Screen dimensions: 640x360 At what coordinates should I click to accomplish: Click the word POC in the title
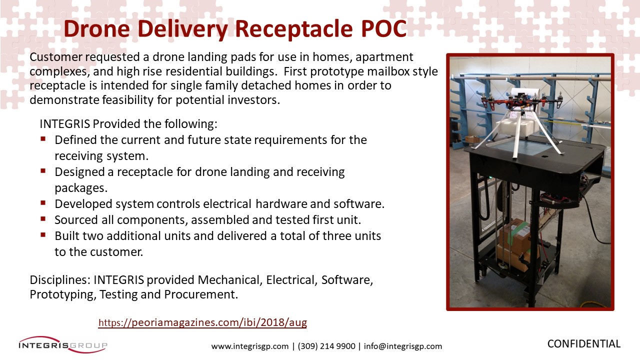384,28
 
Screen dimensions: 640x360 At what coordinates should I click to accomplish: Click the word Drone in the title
97,28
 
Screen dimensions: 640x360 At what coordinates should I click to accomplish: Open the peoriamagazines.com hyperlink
202,322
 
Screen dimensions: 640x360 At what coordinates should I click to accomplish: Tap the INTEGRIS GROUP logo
63,344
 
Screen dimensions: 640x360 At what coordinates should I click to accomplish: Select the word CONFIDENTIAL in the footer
584,343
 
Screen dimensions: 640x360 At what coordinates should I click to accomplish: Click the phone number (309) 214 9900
326,346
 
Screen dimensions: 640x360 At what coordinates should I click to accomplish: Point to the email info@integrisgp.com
403,346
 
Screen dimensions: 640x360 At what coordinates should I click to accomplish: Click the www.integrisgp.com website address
249,346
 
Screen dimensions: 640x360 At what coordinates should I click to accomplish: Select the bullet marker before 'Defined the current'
43,139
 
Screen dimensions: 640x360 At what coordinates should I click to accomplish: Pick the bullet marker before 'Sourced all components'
43,219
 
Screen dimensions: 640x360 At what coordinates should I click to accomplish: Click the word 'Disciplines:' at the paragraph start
60,279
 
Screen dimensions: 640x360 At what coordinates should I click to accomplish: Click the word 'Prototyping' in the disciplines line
63,294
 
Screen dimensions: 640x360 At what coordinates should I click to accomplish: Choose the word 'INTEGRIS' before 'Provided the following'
65,124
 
